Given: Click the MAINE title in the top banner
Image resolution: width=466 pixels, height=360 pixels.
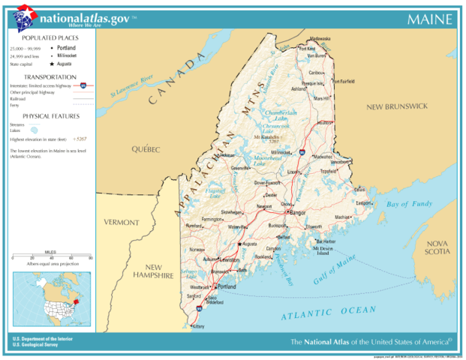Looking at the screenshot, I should tap(429, 18).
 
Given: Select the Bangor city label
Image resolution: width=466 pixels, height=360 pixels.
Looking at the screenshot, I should tap(298, 213).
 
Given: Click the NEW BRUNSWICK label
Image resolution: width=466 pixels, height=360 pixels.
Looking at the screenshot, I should tap(396, 107).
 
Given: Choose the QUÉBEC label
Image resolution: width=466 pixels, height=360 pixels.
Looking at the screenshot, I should tap(146, 148).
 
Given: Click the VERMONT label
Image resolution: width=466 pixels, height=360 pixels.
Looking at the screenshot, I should tap(122, 223).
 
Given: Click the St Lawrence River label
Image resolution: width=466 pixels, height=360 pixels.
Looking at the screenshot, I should tap(132, 84).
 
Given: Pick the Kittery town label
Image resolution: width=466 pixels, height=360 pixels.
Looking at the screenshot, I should tap(198, 327).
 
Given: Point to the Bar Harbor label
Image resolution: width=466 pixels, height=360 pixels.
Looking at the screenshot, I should tap(326, 241).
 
